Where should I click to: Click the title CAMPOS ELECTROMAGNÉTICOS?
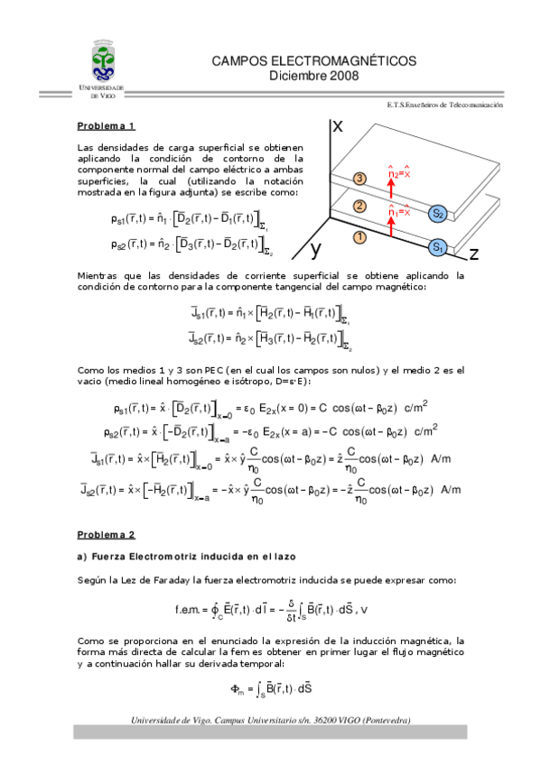(313, 60)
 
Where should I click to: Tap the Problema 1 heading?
(106, 126)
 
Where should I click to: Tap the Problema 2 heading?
(106, 535)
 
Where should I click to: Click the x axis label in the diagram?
(338, 127)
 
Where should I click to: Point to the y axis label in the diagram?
(317, 248)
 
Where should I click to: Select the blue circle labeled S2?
(437, 214)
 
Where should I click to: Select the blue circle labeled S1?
(437, 246)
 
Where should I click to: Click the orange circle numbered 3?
(359, 179)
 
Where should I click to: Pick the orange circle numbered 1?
(359, 237)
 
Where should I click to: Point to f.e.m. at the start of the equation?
(190, 610)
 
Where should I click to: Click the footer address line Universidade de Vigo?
(270, 720)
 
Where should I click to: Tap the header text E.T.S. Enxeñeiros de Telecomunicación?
(444, 105)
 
